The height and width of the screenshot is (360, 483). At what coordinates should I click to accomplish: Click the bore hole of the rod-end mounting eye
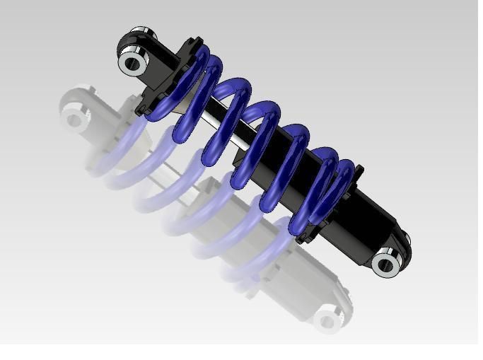pyautogui.click(x=132, y=63)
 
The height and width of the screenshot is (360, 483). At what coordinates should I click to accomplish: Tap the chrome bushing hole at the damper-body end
pyautogui.click(x=386, y=265)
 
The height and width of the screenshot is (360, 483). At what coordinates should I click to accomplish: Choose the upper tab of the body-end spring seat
pyautogui.click(x=359, y=170)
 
